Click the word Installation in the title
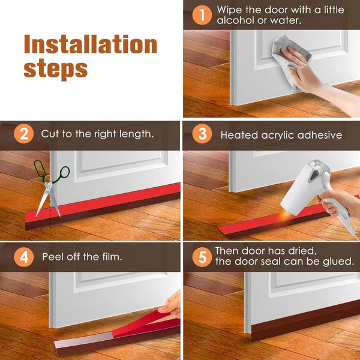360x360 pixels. tap(90, 45)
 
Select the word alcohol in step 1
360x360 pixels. tap(238, 20)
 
